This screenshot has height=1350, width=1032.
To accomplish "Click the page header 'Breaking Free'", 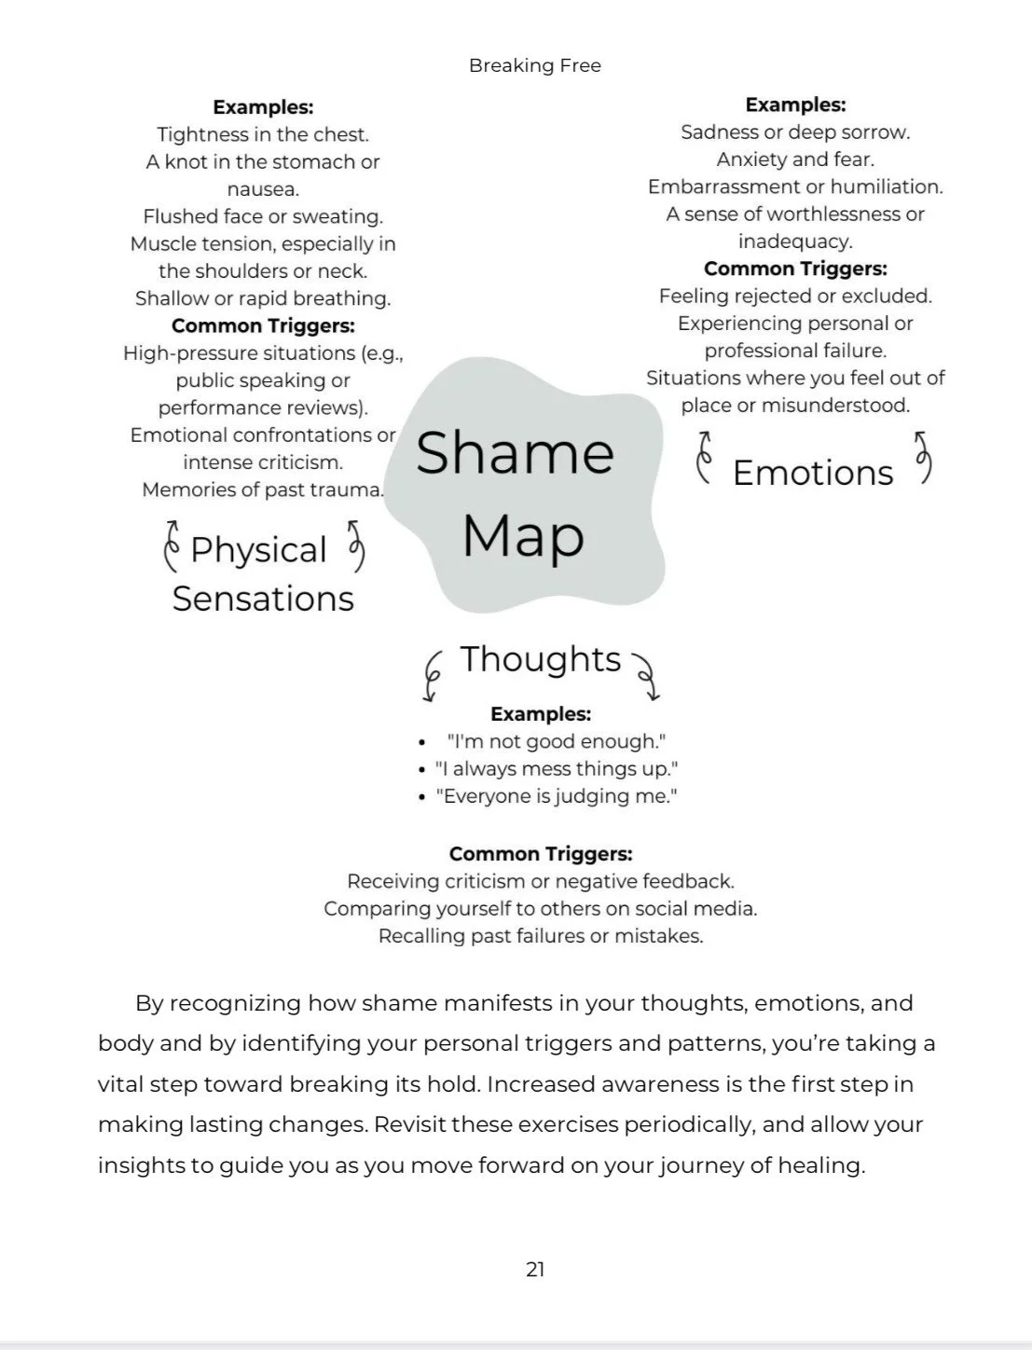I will click(534, 65).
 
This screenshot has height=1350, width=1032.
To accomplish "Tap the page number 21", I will click(535, 1269).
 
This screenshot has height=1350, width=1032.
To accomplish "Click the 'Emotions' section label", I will click(813, 473).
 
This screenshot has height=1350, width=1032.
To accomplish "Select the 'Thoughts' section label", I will click(541, 659).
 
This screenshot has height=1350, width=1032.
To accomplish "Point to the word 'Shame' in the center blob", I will click(515, 453).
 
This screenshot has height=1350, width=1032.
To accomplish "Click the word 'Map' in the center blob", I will click(523, 537).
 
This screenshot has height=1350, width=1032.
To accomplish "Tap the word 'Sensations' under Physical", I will click(263, 599).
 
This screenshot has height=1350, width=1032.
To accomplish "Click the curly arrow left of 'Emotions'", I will click(705, 457).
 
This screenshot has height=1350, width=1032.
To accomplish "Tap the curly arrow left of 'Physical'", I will click(171, 545).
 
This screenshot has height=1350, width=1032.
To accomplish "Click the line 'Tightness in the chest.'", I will click(263, 134).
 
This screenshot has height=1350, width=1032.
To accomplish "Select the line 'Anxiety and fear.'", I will click(795, 159).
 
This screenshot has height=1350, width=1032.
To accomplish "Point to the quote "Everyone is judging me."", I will click(557, 796).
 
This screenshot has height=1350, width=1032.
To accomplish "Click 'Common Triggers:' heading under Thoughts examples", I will click(541, 854).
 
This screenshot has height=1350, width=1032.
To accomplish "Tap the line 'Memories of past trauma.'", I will click(263, 489).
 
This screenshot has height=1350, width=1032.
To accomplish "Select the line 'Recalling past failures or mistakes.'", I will click(541, 936).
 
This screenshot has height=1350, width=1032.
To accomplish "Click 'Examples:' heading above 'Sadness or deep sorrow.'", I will click(795, 104).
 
